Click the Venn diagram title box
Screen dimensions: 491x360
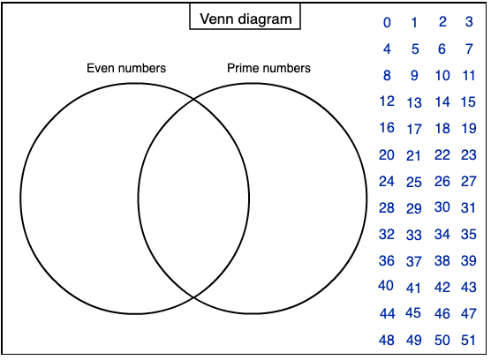pyautogui.click(x=245, y=16)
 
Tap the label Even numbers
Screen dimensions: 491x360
pyautogui.click(x=126, y=68)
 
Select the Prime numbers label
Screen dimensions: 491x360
pyautogui.click(x=268, y=68)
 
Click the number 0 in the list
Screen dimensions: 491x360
pyautogui.click(x=387, y=23)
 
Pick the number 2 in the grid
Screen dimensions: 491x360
pyautogui.click(x=442, y=22)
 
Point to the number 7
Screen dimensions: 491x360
pyautogui.click(x=469, y=49)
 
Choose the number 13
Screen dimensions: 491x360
pyautogui.click(x=414, y=102)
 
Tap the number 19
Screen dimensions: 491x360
pyautogui.click(x=469, y=128)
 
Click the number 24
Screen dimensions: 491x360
pyautogui.click(x=387, y=182)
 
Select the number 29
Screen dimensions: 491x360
pyautogui.click(x=414, y=208)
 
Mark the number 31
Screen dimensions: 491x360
pyautogui.click(x=468, y=208)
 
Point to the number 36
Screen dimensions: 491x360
pyautogui.click(x=387, y=261)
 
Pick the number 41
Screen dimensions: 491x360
pyautogui.click(x=413, y=288)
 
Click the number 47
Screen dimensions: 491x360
pyautogui.click(x=469, y=314)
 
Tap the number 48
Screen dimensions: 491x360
pyautogui.click(x=387, y=341)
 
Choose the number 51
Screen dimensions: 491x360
pyautogui.click(x=468, y=341)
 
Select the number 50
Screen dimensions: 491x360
pyautogui.click(x=442, y=341)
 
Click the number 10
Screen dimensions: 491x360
pyautogui.click(x=442, y=76)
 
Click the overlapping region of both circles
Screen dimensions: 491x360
pyautogui.click(x=193, y=199)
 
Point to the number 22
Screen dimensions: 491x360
pyautogui.click(x=442, y=155)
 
